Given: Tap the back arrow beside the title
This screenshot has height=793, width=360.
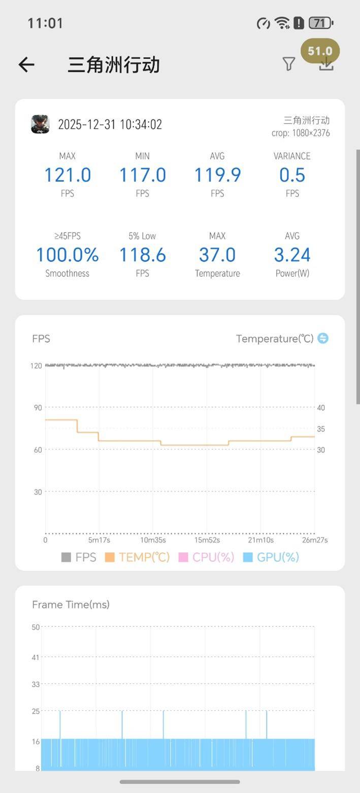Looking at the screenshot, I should pyautogui.click(x=26, y=64).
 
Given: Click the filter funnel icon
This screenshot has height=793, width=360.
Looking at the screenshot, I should pyautogui.click(x=288, y=64).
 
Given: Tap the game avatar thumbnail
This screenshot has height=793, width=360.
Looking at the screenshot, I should pyautogui.click(x=40, y=124).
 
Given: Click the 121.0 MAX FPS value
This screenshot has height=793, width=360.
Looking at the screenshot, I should pyautogui.click(x=67, y=175).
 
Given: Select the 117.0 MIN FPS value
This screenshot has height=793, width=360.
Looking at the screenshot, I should pyautogui.click(x=142, y=175).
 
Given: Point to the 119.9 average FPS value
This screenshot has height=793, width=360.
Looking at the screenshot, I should pyautogui.click(x=217, y=175).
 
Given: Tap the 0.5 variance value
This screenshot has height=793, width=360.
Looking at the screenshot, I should pyautogui.click(x=292, y=175).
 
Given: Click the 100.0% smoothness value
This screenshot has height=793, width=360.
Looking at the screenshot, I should pyautogui.click(x=67, y=255).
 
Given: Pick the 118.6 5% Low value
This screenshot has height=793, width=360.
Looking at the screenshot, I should pyautogui.click(x=142, y=255).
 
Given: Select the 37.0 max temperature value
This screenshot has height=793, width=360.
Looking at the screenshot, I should pyautogui.click(x=217, y=255).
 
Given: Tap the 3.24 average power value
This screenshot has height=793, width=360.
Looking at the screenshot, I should pyautogui.click(x=292, y=255).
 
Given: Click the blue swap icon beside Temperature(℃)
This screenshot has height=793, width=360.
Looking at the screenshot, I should pyautogui.click(x=323, y=338).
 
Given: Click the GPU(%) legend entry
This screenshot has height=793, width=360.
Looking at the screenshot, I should pyautogui.click(x=271, y=557).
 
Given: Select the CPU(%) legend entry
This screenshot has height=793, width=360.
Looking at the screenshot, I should pyautogui.click(x=206, y=557).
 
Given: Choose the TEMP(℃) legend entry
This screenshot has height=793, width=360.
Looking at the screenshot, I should pyautogui.click(x=137, y=557).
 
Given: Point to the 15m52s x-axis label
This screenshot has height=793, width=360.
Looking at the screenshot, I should pyautogui.click(x=207, y=540).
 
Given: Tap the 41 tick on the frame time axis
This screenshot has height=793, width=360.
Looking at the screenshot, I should pyautogui.click(x=36, y=657).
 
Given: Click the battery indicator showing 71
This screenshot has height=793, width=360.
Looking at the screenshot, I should pyautogui.click(x=321, y=23).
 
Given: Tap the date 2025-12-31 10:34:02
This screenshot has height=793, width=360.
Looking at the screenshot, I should pyautogui.click(x=110, y=124).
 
